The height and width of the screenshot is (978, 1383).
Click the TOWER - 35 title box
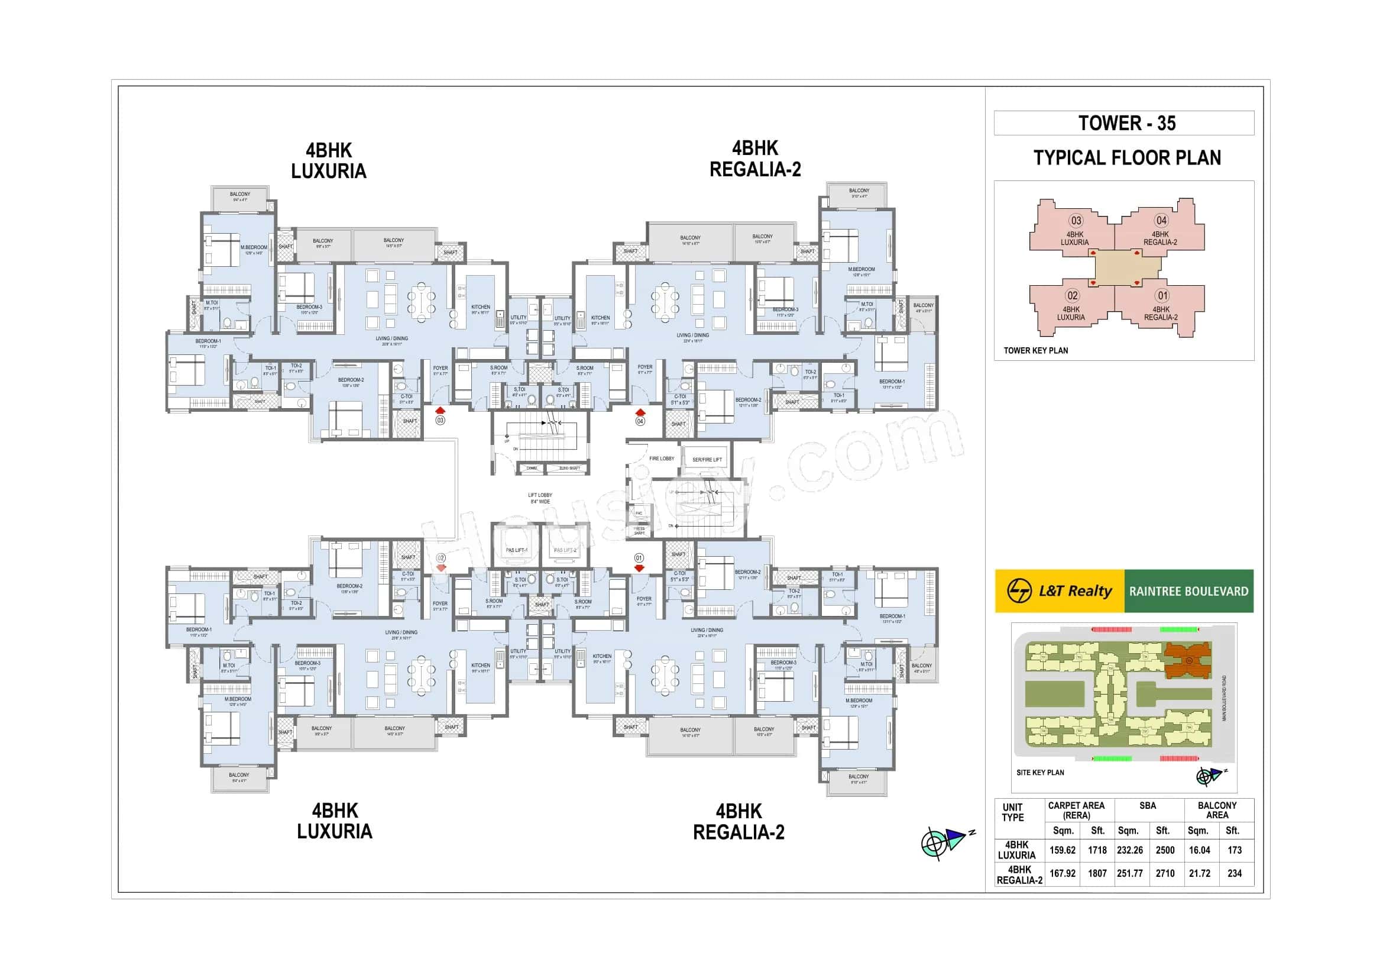1123,123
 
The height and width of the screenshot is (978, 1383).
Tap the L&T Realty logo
1059,590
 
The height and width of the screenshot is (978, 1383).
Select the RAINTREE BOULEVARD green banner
1188,591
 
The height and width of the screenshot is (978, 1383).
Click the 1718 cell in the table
1097,850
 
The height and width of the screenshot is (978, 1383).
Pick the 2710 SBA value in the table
1164,873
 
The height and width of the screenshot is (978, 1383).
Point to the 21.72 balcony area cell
1199,873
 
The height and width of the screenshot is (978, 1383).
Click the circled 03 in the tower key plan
1076,221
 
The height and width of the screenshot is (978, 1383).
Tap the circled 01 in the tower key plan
1162,296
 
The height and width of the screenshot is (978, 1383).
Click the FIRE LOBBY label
662,459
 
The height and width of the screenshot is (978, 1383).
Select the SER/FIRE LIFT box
707,460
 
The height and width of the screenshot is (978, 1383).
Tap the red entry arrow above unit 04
640,412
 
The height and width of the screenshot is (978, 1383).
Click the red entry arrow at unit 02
442,567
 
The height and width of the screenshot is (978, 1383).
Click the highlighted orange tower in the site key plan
1187,659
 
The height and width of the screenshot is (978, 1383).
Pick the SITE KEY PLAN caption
1039,773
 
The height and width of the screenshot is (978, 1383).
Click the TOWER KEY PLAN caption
1035,351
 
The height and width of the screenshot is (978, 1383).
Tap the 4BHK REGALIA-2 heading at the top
754,159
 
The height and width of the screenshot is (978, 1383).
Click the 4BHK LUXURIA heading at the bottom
334,821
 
